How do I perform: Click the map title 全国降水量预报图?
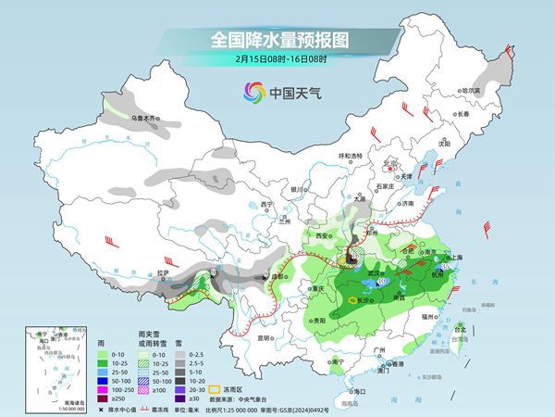[x=277, y=40]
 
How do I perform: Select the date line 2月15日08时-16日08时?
[x=277, y=60]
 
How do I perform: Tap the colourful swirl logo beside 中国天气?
[x=253, y=92]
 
